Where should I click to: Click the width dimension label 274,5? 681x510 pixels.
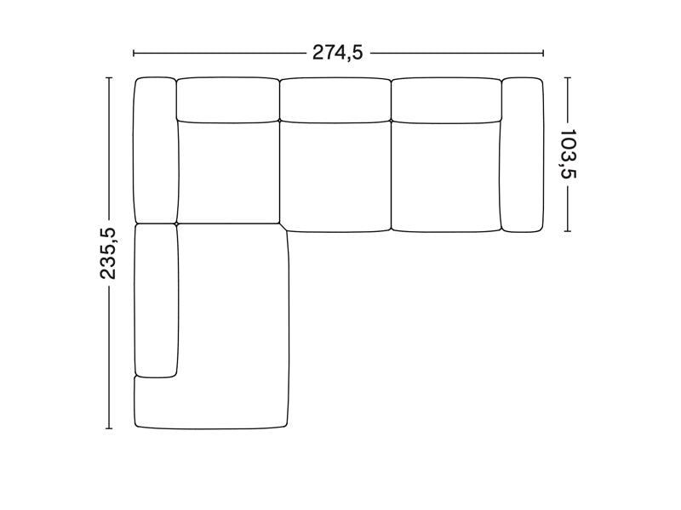click(x=338, y=53)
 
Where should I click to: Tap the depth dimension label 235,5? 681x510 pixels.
click(x=108, y=253)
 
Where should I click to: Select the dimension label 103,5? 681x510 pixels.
click(x=568, y=154)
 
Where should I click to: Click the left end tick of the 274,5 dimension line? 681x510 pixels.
click(x=134, y=53)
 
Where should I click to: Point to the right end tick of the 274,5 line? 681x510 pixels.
click(x=543, y=53)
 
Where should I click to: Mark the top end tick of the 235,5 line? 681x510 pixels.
click(x=108, y=77)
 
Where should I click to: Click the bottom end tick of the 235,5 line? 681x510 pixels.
click(x=108, y=429)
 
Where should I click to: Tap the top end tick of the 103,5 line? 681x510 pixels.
click(x=568, y=77)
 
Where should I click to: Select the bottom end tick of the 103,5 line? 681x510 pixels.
click(x=568, y=231)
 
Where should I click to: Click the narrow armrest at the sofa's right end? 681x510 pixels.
click(x=523, y=154)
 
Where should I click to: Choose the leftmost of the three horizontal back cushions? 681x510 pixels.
click(x=228, y=99)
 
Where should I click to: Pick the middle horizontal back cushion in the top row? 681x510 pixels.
click(x=335, y=99)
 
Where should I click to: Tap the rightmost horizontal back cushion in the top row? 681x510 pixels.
click(x=445, y=99)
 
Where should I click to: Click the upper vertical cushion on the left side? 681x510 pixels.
click(x=155, y=149)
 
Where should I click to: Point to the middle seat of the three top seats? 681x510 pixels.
click(x=335, y=175)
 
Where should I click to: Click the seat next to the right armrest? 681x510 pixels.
click(x=445, y=175)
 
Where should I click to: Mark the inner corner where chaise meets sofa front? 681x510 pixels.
click(x=288, y=229)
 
